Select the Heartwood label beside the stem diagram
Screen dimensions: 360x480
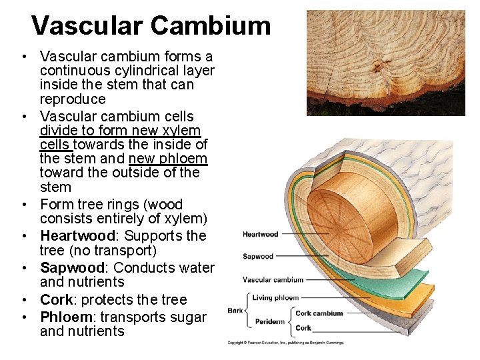click(x=260, y=234)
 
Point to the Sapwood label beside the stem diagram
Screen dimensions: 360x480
click(x=258, y=256)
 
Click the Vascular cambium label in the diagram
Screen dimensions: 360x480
click(x=273, y=280)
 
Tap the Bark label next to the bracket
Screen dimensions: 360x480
click(x=235, y=310)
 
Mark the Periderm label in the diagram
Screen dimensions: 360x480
click(x=270, y=321)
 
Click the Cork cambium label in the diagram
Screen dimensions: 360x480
click(x=319, y=313)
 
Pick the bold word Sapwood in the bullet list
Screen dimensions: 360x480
click(x=69, y=267)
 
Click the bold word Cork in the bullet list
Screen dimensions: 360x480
click(x=55, y=299)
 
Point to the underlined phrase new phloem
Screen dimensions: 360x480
click(x=168, y=159)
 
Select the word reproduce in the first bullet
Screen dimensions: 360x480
click(x=73, y=99)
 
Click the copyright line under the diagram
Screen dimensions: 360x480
click(x=285, y=342)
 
